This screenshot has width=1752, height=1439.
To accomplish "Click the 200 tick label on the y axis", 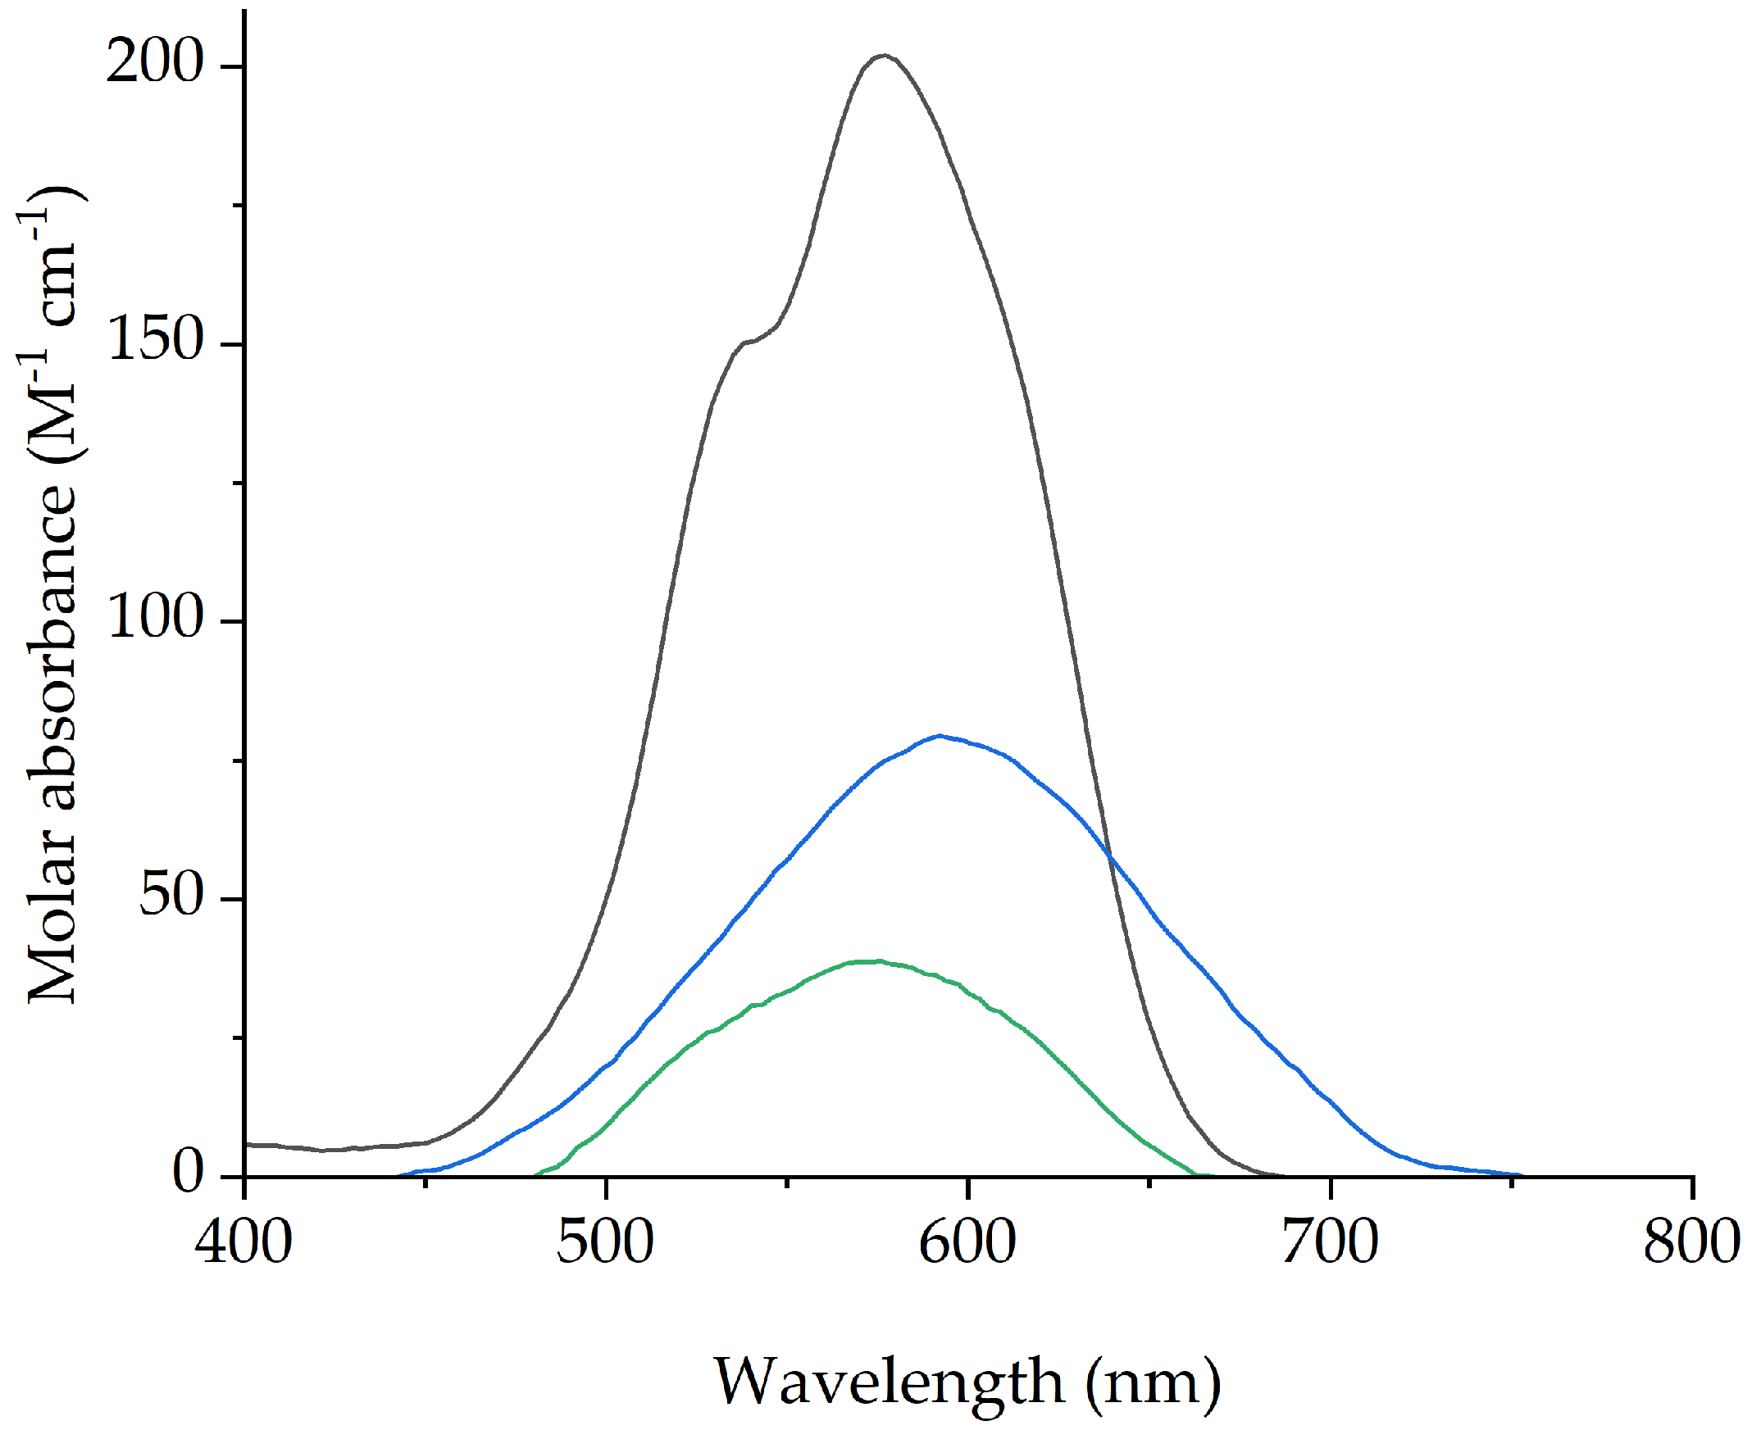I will [x=155, y=63].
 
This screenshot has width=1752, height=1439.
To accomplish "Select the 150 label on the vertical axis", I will [x=155, y=341].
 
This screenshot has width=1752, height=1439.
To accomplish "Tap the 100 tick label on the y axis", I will [x=155, y=619].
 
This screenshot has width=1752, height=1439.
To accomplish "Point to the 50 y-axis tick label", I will [x=171, y=897].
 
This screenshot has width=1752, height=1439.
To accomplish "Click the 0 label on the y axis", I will [x=189, y=1173].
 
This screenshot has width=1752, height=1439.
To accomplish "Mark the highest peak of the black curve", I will [x=884, y=56].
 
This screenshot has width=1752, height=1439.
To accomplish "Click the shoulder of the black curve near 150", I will [x=749, y=341].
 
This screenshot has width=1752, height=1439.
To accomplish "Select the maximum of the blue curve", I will [x=939, y=735].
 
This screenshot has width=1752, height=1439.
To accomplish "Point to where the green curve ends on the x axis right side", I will [x=1196, y=1173].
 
